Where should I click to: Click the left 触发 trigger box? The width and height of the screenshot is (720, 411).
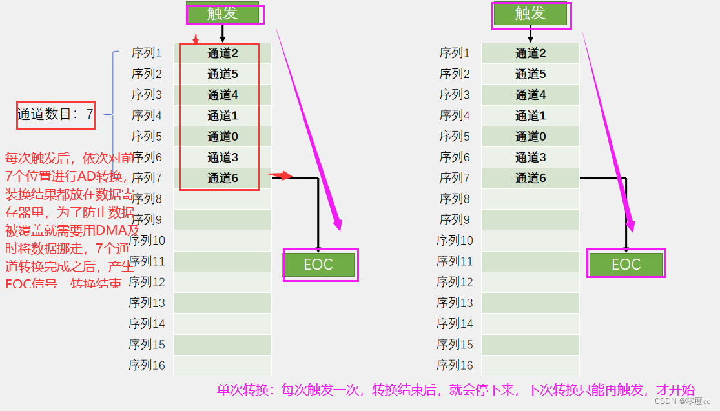223,14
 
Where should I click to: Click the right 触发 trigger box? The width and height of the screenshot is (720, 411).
530,14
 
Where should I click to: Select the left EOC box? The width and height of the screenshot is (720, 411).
318,265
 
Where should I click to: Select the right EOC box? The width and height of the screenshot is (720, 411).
626,264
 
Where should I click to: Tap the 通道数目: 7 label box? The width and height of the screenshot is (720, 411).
56,115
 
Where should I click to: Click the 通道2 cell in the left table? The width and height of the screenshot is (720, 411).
223,54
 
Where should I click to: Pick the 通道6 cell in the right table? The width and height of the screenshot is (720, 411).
530,178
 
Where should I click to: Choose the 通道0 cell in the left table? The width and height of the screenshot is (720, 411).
223,137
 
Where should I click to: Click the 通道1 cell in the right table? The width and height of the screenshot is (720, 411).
530,116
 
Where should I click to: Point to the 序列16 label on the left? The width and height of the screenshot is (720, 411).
147,365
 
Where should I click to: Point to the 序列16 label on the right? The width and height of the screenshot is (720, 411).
455,365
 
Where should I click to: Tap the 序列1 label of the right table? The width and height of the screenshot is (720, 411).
455,53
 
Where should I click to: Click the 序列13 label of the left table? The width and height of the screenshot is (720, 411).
147,303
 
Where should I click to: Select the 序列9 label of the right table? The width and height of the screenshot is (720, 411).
455,219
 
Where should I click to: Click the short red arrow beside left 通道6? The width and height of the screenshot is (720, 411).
280,175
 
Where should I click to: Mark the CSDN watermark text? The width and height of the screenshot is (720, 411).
682,401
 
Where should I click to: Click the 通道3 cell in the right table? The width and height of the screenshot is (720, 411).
530,157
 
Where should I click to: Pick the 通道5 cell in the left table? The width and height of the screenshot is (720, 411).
223,74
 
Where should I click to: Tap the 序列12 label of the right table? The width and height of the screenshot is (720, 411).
455,282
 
